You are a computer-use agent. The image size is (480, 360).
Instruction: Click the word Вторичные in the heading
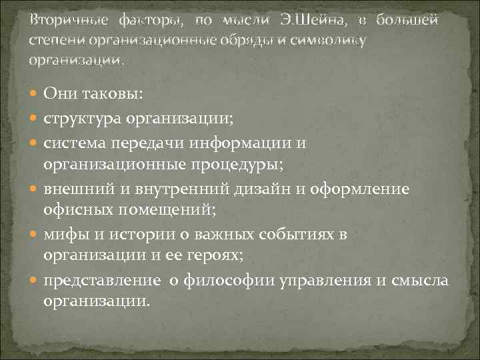pos(64,21)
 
